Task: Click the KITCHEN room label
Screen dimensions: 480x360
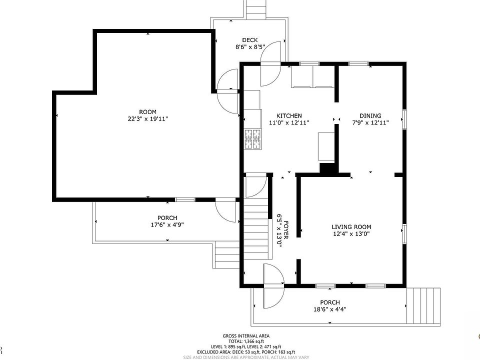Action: (x=289, y=115)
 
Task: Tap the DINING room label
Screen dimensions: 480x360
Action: (x=370, y=115)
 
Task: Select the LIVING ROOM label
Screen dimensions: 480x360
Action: (x=351, y=227)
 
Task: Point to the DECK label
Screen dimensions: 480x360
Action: (x=250, y=40)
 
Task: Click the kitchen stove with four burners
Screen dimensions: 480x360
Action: (x=253, y=139)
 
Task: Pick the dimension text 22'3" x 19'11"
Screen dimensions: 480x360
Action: (x=148, y=119)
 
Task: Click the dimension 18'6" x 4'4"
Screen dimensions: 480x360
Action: (x=330, y=309)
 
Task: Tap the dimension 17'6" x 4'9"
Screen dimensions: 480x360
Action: (x=167, y=224)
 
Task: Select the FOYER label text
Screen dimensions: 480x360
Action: (x=286, y=230)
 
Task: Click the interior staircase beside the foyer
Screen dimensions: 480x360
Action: (x=256, y=228)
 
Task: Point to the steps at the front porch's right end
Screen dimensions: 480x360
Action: (x=423, y=305)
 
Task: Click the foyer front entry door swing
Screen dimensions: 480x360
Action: (x=274, y=286)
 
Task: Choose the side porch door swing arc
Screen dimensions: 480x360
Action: (x=225, y=211)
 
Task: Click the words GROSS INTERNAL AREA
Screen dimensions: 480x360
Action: (x=246, y=336)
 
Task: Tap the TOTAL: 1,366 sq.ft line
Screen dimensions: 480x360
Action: (x=246, y=341)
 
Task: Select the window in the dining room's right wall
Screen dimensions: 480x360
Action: (x=404, y=119)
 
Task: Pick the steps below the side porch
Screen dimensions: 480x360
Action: (x=227, y=254)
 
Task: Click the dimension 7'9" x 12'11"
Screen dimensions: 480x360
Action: (x=370, y=123)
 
